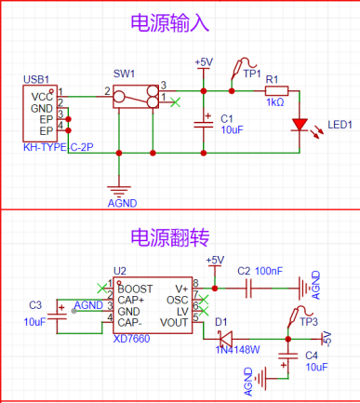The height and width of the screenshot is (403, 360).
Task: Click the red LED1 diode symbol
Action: coord(300,125)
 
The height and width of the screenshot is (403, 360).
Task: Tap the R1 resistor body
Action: coord(276,91)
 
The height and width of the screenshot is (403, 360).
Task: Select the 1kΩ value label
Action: coord(275,102)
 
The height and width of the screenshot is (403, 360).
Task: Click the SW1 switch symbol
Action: coord(136,97)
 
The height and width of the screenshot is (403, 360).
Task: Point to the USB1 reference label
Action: coord(36,79)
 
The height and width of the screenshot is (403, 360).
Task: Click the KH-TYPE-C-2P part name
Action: coord(59,147)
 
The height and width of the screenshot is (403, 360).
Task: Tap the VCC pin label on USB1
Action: coord(42,97)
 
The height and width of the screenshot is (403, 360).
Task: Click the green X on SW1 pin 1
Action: coord(176,102)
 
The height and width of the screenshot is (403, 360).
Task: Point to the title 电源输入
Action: coord(170,23)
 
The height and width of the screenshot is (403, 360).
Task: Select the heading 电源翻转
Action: coord(170,237)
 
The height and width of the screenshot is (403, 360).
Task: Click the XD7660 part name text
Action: coord(131,339)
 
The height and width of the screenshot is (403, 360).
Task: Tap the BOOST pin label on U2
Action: coord(135,289)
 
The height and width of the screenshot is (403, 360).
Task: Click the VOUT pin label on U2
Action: coord(174,323)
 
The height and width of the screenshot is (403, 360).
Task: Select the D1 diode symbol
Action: coord(226,339)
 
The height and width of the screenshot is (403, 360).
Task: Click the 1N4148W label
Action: coord(237,350)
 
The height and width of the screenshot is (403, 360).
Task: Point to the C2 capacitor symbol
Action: coord(248,289)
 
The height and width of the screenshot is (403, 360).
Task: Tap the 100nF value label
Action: coord(269,271)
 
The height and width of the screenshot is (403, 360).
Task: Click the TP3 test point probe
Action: coord(299,316)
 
